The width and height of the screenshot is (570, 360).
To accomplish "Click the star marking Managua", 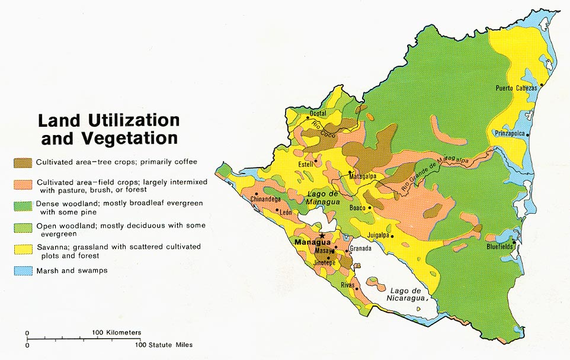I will pos(322,235).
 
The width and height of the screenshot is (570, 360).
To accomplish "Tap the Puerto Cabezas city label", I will pos(516,88).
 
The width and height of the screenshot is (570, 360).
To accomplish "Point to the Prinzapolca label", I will pos(508,134).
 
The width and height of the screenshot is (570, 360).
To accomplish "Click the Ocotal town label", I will pos(318,113).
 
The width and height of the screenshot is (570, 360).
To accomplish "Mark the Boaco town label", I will pos(357,208).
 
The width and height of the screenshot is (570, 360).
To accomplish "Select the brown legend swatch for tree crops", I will pos(23,162).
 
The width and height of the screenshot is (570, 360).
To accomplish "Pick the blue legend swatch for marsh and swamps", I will pos(23,271).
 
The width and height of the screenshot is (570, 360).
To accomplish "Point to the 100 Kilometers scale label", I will pos(116,333).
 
